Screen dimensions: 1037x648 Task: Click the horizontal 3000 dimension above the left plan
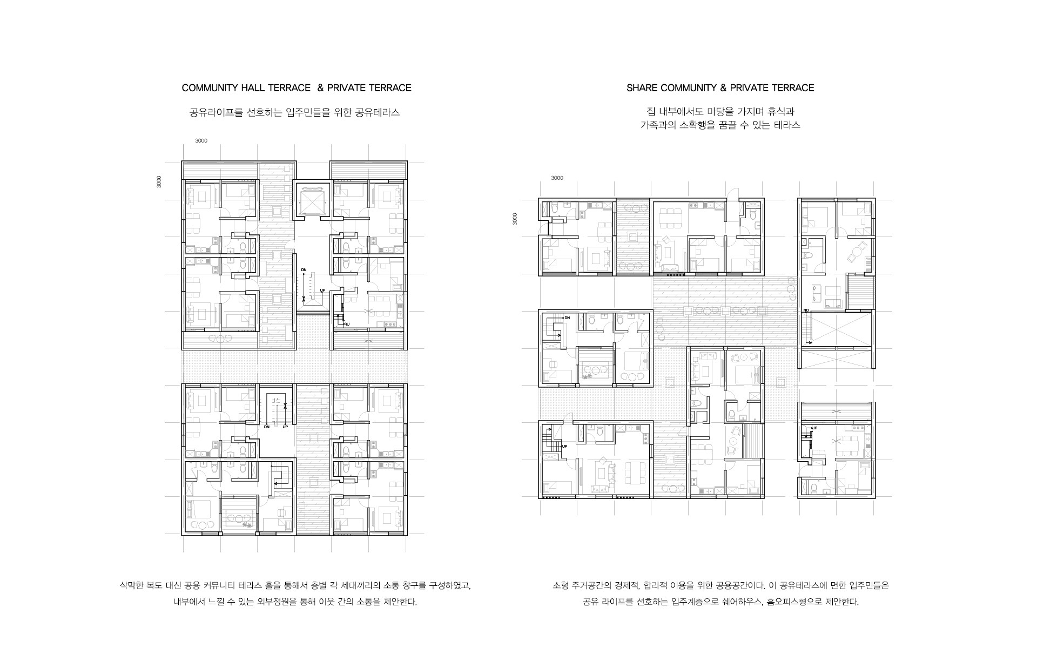tap(201, 141)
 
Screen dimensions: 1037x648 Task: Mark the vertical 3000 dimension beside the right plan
tap(515, 219)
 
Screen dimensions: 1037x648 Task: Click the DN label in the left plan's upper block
tap(304, 269)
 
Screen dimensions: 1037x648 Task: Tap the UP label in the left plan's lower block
tap(285, 427)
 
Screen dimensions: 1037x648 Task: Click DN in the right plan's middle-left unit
tap(567, 318)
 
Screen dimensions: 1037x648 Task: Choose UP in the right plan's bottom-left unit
tap(564, 447)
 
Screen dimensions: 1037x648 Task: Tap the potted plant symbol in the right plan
tap(587, 376)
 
